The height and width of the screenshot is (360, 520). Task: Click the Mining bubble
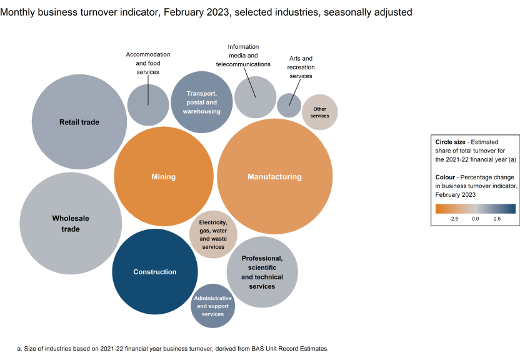tap(164, 177)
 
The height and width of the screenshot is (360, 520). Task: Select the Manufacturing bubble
tap(274, 177)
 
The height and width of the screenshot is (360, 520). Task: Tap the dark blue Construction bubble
tap(155, 272)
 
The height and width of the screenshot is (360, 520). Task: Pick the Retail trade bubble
tap(79, 122)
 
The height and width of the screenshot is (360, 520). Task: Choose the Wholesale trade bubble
tap(70, 223)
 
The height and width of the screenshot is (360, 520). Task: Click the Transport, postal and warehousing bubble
tap(201, 102)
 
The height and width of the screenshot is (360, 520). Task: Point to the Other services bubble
tap(319, 112)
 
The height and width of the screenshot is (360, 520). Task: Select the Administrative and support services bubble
tap(213, 306)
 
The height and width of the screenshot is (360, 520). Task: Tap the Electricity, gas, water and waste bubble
tap(213, 234)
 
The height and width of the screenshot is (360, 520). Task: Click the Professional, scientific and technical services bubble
tap(262, 272)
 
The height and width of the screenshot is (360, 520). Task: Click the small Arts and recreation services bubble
tap(289, 105)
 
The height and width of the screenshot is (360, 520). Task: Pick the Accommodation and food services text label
tap(148, 63)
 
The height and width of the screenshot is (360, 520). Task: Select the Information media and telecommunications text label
tap(243, 56)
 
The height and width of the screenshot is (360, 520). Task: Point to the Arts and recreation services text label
tap(301, 67)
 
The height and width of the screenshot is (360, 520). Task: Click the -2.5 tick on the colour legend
tap(454, 219)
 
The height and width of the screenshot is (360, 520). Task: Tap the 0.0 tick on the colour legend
tap(475, 219)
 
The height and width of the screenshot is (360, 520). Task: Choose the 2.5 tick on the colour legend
tap(497, 219)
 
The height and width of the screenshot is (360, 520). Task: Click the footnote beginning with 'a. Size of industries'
tap(172, 348)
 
